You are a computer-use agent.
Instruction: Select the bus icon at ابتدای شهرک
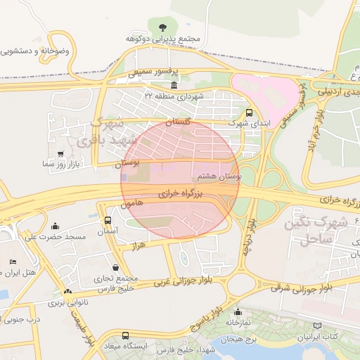(249, 112)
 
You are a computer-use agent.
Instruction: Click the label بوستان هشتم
(221, 176)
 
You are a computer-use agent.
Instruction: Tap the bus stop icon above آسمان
(107, 220)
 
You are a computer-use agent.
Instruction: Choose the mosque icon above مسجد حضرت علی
(56, 226)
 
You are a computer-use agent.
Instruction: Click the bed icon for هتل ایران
(13, 262)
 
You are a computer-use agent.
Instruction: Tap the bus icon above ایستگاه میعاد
(125, 335)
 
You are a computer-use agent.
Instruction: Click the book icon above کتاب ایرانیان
(317, 326)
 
